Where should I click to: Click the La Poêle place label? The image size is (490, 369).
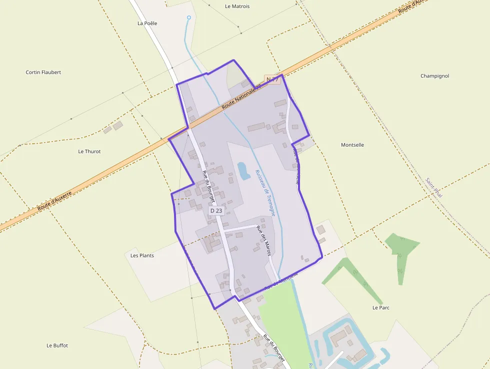click(147, 23)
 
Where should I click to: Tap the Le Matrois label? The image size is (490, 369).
click(237, 7)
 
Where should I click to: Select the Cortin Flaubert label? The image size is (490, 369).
click(43, 73)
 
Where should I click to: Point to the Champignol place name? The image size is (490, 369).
click(434, 76)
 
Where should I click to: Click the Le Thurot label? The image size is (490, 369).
click(89, 151)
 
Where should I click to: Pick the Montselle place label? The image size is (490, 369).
click(352, 145)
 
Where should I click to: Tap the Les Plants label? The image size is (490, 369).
click(142, 255)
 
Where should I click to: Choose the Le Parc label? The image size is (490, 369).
click(381, 307)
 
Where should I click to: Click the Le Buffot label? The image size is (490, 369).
click(57, 345)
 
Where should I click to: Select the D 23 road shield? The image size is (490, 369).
click(216, 211)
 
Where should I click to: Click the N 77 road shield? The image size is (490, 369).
click(272, 80)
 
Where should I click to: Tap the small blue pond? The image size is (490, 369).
click(243, 171)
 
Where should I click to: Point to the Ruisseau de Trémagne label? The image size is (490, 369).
click(264, 192)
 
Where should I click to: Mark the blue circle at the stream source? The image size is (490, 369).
click(189, 18)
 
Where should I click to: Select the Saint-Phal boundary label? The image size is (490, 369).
click(433, 188)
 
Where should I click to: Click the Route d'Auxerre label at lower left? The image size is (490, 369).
click(55, 200)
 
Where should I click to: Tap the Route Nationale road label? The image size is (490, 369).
click(241, 97)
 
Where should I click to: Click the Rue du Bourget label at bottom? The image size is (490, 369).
click(274, 348)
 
